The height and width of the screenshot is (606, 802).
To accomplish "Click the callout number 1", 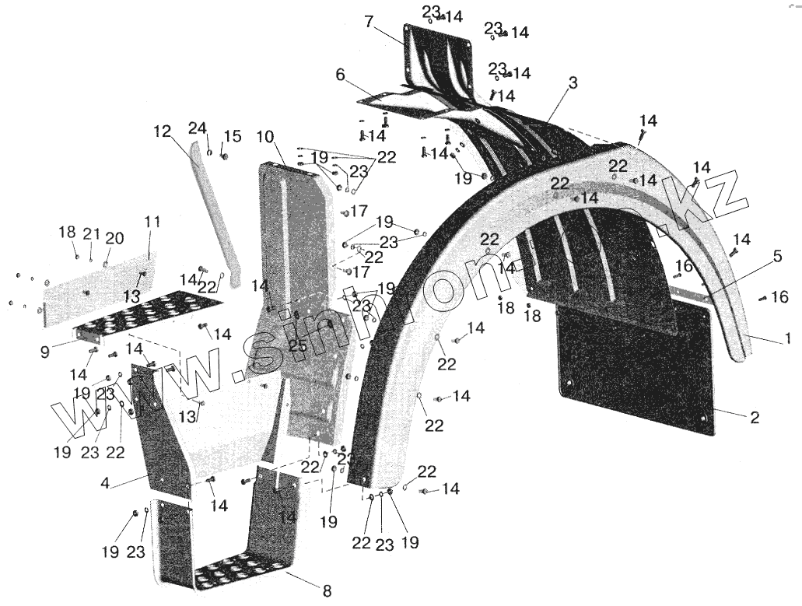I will [787, 338].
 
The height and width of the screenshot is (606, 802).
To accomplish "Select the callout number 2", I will [754, 417].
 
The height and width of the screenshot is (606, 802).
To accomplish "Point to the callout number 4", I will [104, 483].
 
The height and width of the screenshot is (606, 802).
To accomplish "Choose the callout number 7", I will [369, 22].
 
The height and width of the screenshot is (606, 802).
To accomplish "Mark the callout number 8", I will [327, 591].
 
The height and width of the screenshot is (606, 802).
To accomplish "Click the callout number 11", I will [152, 222].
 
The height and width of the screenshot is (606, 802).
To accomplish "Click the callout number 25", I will [298, 345].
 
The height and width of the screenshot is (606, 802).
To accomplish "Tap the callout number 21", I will [92, 233].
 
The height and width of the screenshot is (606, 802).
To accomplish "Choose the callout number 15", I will [232, 137].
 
